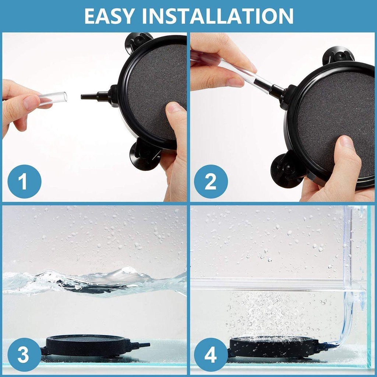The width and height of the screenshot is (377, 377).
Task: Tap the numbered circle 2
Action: click(x=211, y=182)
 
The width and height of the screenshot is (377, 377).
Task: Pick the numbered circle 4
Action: click(x=211, y=355)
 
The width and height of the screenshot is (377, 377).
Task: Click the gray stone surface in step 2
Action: click(x=331, y=114)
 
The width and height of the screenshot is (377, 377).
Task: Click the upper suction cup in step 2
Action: click(x=338, y=55)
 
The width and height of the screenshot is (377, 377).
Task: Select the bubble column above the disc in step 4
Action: click(x=267, y=313)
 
